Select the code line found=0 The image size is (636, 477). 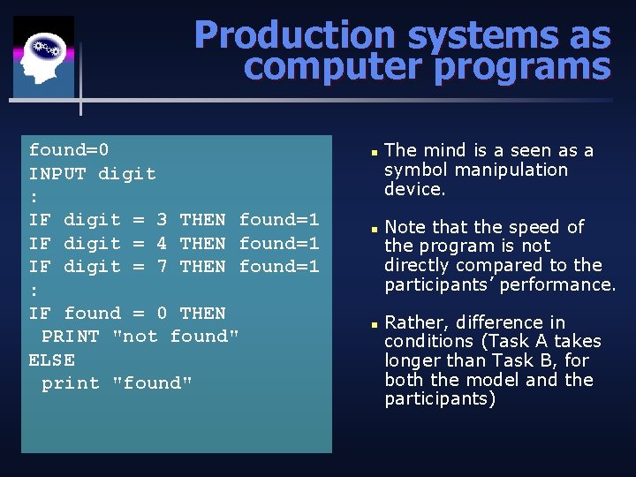(x=69, y=150)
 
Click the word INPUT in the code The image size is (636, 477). (x=57, y=174)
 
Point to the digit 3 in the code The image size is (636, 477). (x=162, y=220)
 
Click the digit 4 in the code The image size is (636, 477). (x=162, y=243)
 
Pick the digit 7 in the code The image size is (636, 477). (x=162, y=266)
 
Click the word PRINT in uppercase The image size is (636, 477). (x=71, y=337)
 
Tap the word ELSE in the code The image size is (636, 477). (x=52, y=360)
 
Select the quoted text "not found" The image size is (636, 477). (x=176, y=337)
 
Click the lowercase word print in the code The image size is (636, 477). (x=71, y=383)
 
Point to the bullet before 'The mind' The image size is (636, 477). (x=375, y=152)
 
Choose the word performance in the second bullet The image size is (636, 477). (x=565, y=284)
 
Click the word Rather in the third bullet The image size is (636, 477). (x=413, y=322)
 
